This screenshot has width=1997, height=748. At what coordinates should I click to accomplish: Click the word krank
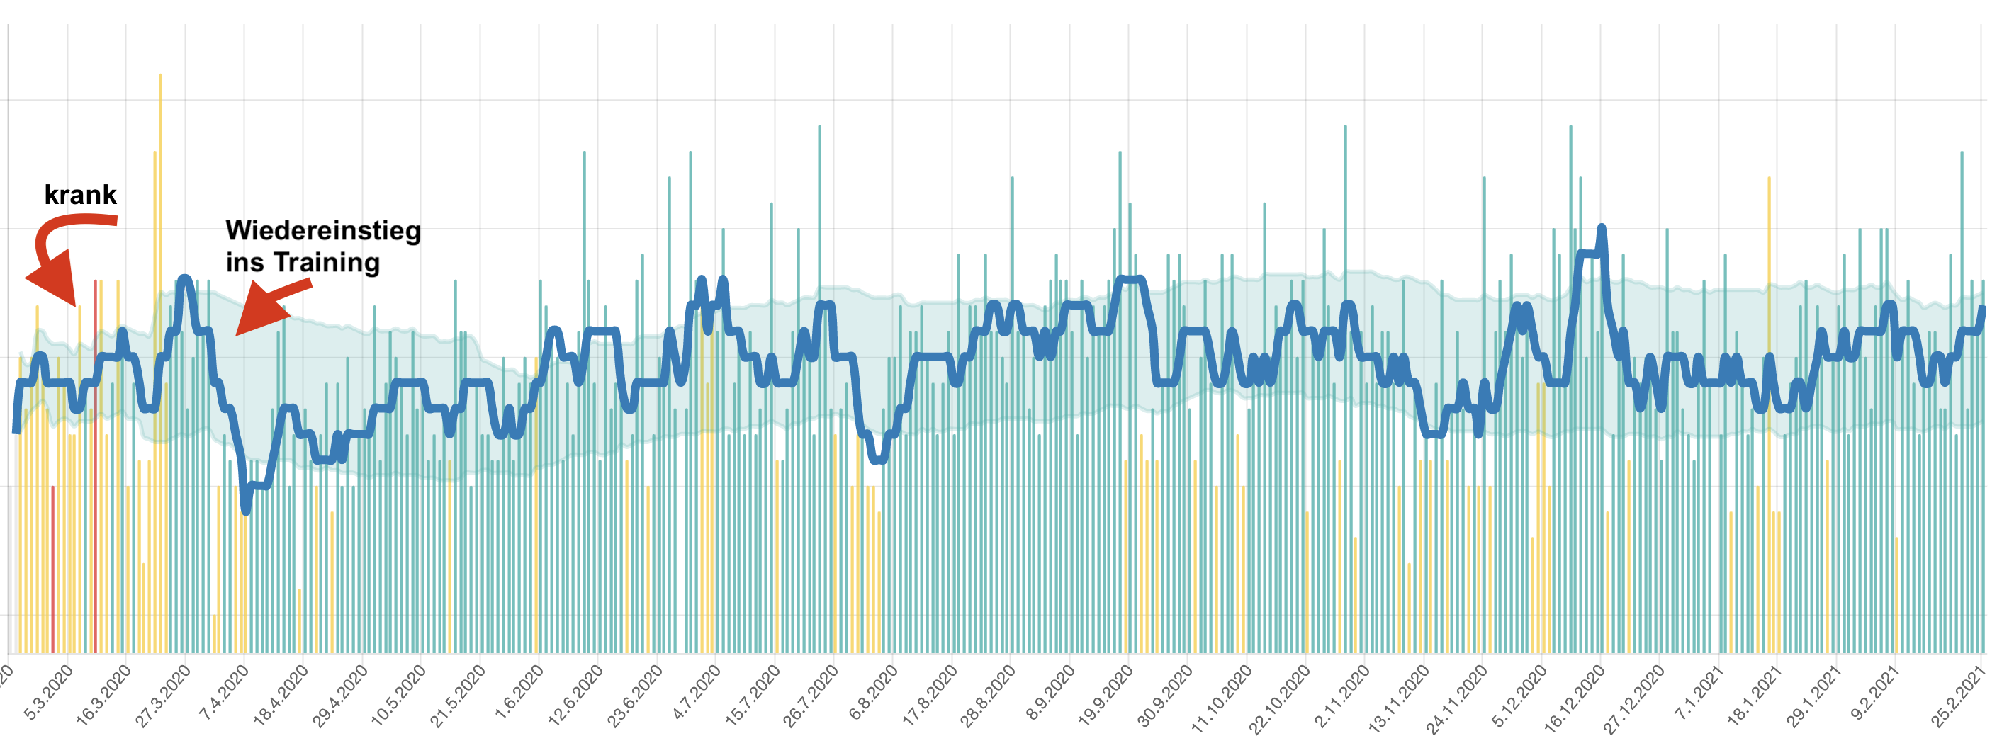point(80,195)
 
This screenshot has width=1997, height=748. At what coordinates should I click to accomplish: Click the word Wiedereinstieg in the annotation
point(322,231)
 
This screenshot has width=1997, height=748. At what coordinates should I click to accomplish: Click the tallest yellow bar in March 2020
point(160,232)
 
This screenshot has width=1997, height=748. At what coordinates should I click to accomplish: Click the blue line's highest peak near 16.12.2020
point(1602,228)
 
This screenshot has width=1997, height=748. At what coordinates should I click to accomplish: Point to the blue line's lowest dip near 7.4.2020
point(246,511)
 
